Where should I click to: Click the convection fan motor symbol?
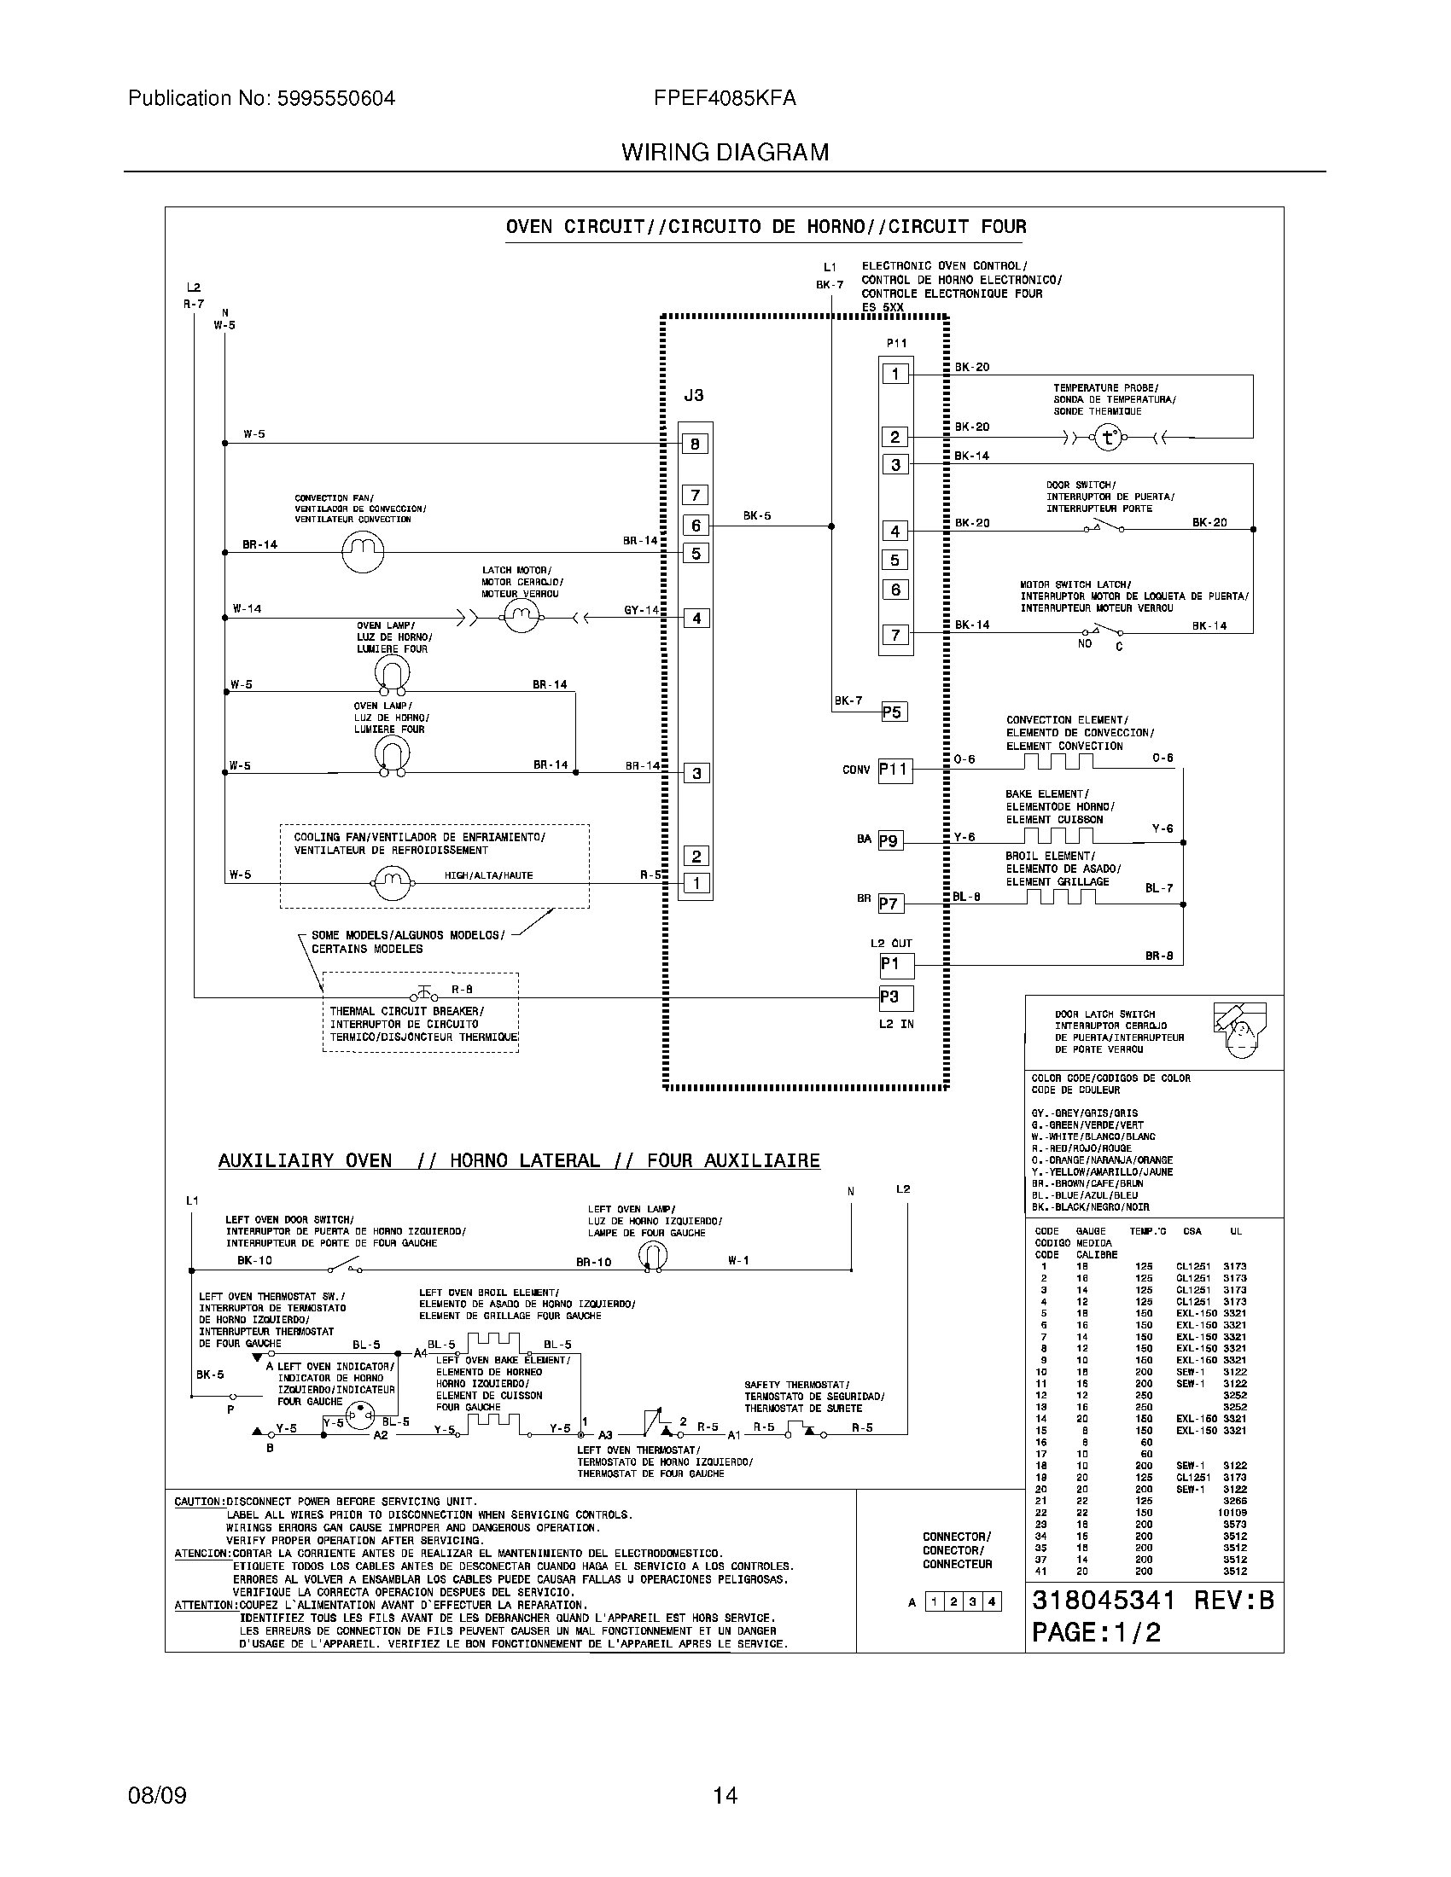click(x=362, y=552)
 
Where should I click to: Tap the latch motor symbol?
click(x=520, y=617)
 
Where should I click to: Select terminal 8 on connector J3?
click(x=696, y=444)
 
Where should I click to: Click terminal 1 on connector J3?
click(x=696, y=883)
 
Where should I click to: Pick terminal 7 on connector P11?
click(x=894, y=635)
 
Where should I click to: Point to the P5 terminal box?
click(x=894, y=712)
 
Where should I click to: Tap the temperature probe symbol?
click(x=1108, y=439)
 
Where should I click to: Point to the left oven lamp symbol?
click(x=652, y=1257)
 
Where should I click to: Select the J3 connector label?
click(x=693, y=395)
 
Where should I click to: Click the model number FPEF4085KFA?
click(x=725, y=99)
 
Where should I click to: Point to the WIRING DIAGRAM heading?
click(x=725, y=153)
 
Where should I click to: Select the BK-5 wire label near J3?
click(x=756, y=515)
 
